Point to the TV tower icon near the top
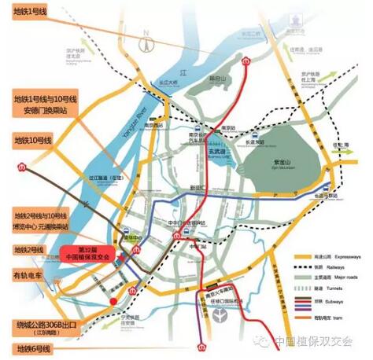(146, 43)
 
